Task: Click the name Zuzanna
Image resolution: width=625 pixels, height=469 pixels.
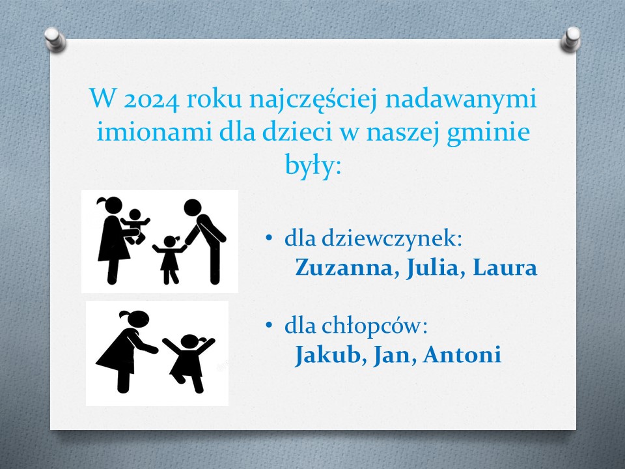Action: [x=344, y=268]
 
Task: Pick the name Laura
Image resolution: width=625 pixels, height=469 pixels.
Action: [x=505, y=268]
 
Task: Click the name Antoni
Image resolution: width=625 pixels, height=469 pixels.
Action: [x=462, y=354]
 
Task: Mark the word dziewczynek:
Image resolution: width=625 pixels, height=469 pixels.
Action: [x=392, y=239]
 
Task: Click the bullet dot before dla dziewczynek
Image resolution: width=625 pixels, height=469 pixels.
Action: [x=269, y=238]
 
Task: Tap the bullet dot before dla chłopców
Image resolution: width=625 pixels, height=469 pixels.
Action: [x=269, y=325]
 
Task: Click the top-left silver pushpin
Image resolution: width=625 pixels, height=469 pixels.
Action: [x=55, y=40]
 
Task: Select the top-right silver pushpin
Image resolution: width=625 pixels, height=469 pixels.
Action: [x=571, y=40]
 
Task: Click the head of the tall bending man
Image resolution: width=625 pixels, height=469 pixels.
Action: [x=193, y=208]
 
